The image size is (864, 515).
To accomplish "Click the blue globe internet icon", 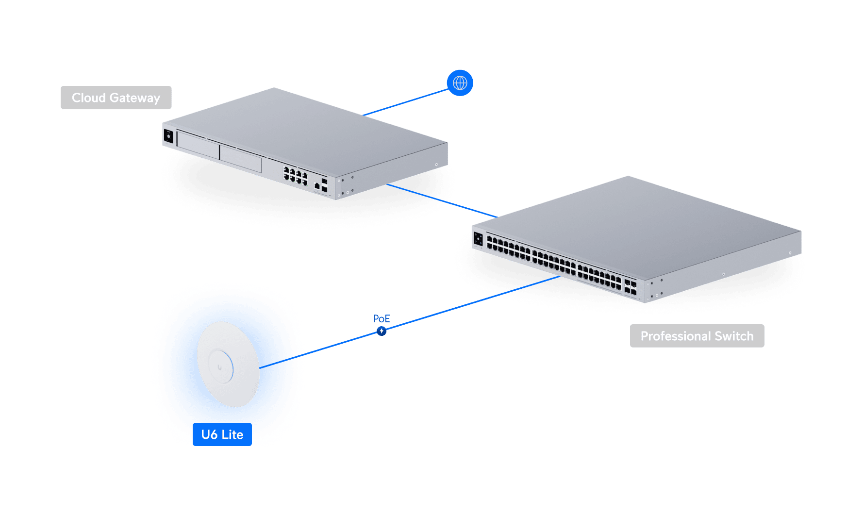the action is click(x=460, y=83).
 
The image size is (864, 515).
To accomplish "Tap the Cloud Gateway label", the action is click(x=116, y=98).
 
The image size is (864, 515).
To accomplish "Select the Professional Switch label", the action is click(x=697, y=336).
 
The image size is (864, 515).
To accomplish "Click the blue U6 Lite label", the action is click(x=222, y=434).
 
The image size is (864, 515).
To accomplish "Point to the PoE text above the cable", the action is click(x=382, y=318).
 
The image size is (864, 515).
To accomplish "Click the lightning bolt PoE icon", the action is click(x=382, y=331).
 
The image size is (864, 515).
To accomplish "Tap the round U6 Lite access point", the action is click(x=228, y=364).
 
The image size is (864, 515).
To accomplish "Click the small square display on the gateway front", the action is click(x=168, y=136).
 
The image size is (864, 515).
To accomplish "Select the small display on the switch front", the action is click(x=478, y=239).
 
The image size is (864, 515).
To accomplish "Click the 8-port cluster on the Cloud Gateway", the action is click(x=296, y=176).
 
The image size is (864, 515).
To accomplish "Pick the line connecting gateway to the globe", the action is click(x=406, y=102).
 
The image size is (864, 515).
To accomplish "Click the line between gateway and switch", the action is click(x=442, y=200).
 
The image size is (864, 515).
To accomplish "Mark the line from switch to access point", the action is click(x=410, y=322).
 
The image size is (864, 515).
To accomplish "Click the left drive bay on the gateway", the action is click(x=198, y=144).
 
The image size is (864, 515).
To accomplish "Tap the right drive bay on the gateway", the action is click(x=241, y=158).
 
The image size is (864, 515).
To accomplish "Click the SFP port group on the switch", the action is click(x=630, y=287).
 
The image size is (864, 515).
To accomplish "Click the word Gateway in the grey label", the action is click(x=134, y=98).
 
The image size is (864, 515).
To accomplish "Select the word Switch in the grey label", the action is click(x=734, y=336).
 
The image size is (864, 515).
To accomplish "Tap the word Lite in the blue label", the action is click(x=233, y=434).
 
